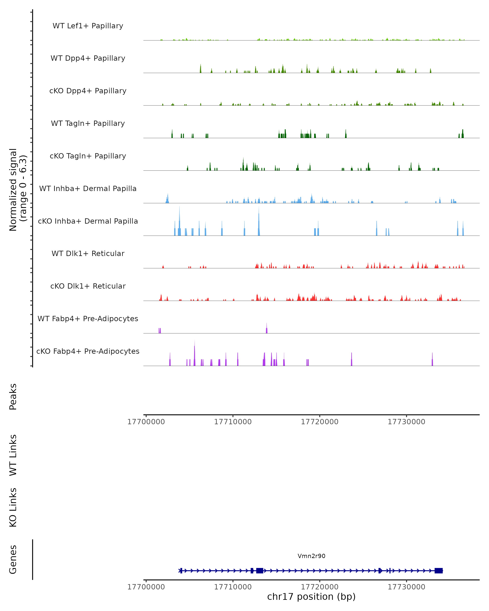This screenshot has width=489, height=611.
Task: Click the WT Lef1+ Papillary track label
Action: pyautogui.click(x=88, y=26)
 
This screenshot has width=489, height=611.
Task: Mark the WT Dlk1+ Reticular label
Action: pyautogui.click(x=88, y=253)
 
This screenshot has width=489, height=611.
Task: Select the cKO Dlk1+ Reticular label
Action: pyautogui.click(x=88, y=286)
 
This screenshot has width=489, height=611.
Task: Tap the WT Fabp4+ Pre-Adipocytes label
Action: pyautogui.click(x=88, y=319)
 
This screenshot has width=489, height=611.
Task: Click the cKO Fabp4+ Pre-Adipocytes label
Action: pyautogui.click(x=88, y=351)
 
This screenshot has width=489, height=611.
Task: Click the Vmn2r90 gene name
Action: pyautogui.click(x=311, y=556)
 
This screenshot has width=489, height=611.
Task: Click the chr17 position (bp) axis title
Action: pyautogui.click(x=311, y=597)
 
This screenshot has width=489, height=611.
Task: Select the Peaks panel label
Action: pyautogui.click(x=13, y=397)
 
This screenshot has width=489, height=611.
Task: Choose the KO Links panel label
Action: pyautogui.click(x=13, y=507)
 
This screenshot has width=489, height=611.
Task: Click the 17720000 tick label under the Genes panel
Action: pyautogui.click(x=319, y=587)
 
